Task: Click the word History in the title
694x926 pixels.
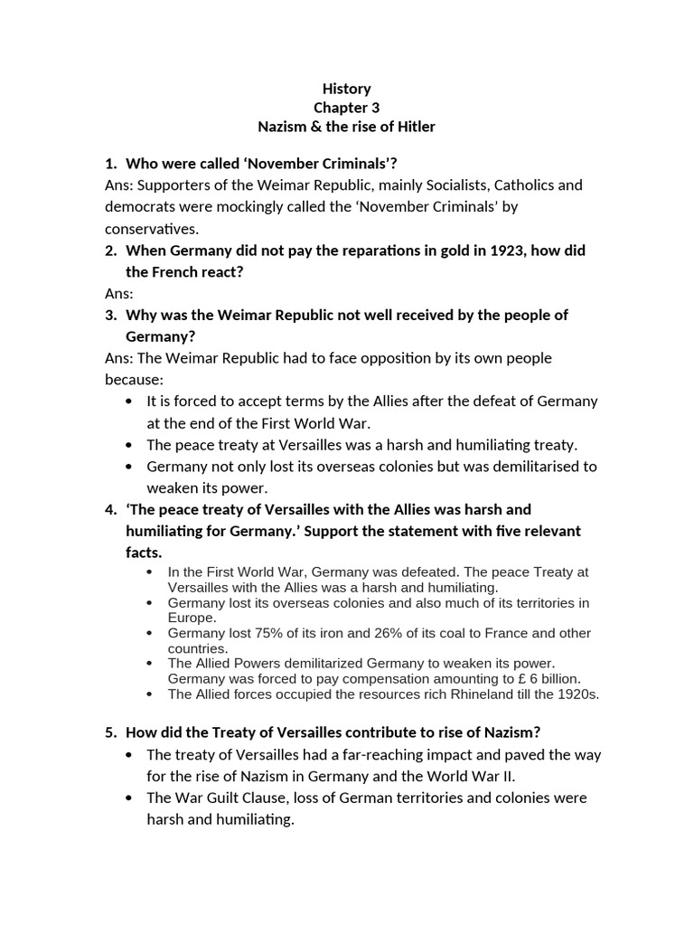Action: pos(346,89)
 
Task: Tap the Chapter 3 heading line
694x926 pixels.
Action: pos(346,108)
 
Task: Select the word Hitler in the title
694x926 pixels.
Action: pos(414,127)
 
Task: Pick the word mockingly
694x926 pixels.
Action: pos(230,207)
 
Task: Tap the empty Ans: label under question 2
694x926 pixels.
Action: pos(119,294)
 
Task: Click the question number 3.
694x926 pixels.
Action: pos(110,316)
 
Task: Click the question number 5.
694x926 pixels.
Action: pos(110,732)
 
